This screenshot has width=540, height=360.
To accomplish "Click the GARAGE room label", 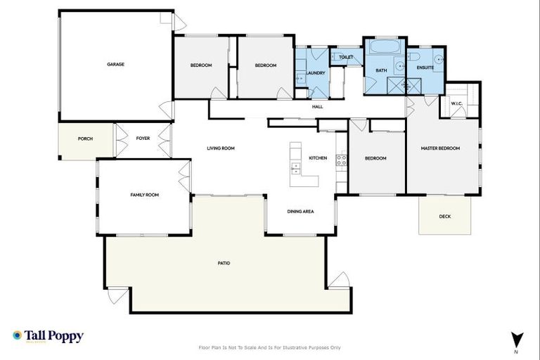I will pos(115,64).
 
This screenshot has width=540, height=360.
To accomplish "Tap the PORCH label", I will pos(84,139).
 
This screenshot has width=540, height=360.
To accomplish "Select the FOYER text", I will pos(143,139).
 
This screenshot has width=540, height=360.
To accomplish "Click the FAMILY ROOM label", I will pos(144,195).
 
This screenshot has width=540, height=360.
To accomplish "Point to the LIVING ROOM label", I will pos(220,148).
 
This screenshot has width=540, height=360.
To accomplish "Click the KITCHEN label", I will pos(318,158).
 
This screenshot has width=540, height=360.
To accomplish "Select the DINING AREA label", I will pos(300,212).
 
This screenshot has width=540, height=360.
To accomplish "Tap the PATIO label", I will pos(224,263).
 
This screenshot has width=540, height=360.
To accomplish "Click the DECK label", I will pos(444,217).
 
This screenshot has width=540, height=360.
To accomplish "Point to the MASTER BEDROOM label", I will pos(440,148).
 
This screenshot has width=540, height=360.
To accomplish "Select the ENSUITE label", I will pos(425,67).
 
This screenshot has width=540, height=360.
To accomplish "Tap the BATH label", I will pos(381,70).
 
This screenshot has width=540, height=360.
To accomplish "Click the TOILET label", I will pos(345,57).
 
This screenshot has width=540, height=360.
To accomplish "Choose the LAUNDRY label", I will pos(315,72).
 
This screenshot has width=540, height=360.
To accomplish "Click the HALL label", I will pos(317,107).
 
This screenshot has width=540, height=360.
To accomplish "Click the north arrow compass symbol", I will pos(517,340).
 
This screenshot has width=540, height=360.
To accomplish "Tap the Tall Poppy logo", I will pos(48,336).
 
